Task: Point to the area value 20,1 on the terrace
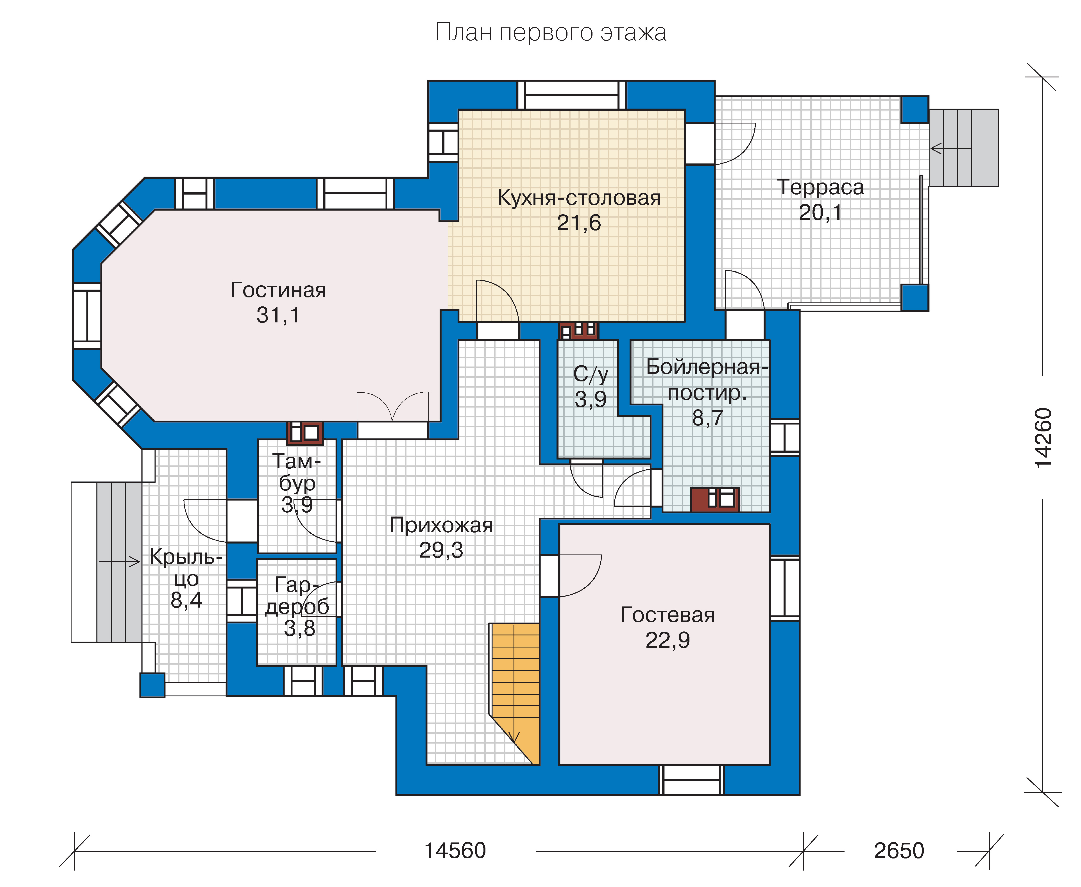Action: tap(820, 213)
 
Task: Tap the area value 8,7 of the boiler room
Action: tap(708, 418)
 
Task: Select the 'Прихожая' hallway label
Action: tap(441, 525)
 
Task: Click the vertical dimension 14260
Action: tap(1043, 437)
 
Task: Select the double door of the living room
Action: tap(392, 407)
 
